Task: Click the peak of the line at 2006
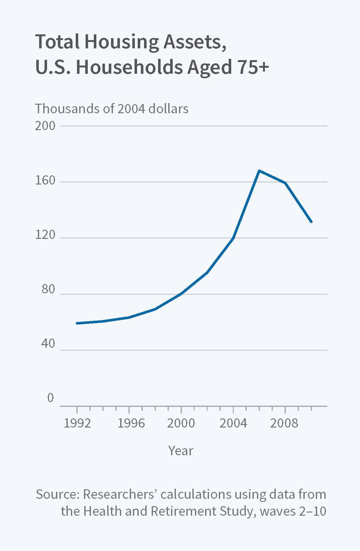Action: pos(259,171)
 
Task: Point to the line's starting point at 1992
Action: pos(77,323)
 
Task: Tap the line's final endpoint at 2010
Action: pos(311,221)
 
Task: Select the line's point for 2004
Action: pos(233,238)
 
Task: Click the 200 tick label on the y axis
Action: pos(45,126)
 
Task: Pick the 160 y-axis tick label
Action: pos(45,181)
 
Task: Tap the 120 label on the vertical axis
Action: pos(45,235)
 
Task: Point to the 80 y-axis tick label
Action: pos(48,290)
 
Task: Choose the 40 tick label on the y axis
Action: pos(48,344)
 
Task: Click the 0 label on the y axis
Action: pos(51,398)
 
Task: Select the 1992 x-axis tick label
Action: pos(77,423)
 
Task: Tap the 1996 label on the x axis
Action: pos(131,423)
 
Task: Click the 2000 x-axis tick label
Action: pos(181,423)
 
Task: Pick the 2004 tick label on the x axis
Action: pos(233,423)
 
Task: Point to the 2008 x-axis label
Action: pos(284,423)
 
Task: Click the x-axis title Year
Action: pos(181,451)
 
